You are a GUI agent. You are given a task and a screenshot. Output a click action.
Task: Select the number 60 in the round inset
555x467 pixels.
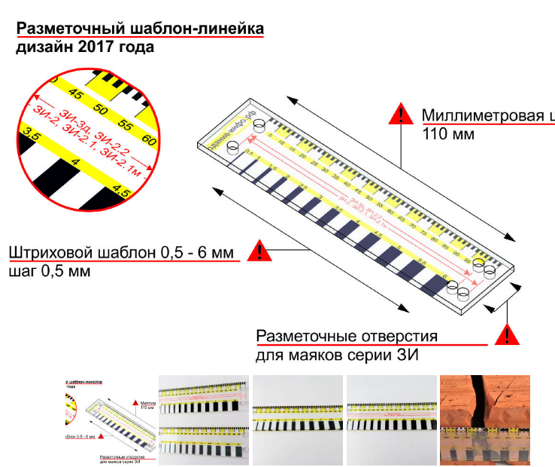pos(148,139)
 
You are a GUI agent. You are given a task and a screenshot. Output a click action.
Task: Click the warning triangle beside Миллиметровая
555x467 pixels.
pos(401,115)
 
